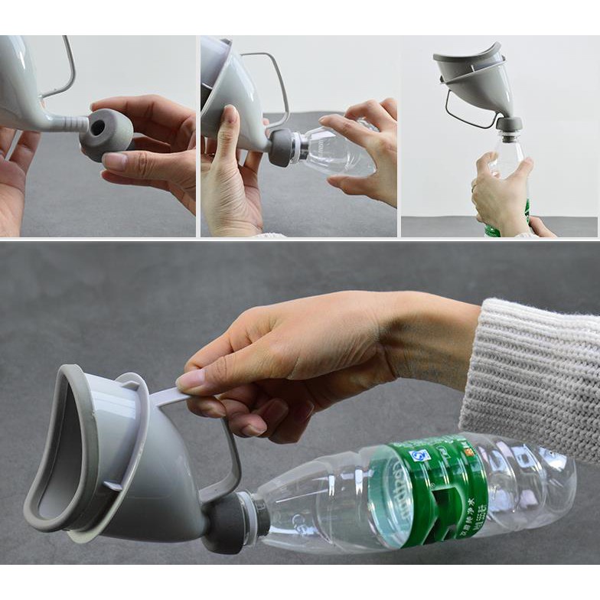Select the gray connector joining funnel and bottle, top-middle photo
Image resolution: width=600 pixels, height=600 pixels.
tap(280, 146)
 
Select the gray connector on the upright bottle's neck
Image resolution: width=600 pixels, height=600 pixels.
tap(508, 124)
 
